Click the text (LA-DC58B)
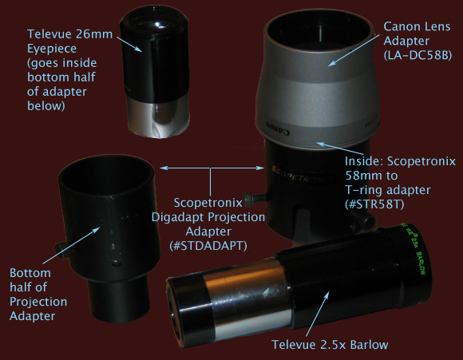[x=417, y=55]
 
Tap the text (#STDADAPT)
[x=208, y=246]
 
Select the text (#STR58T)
[x=374, y=204]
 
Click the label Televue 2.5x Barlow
[x=330, y=345]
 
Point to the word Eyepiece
[x=52, y=49]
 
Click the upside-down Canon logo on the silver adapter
[x=278, y=128]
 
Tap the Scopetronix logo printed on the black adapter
[x=303, y=176]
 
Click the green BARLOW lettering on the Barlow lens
[x=421, y=263]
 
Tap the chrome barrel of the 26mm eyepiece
[x=158, y=118]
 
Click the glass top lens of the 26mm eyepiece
[x=155, y=24]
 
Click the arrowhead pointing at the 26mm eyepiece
[x=139, y=49]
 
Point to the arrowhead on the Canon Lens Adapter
[x=332, y=63]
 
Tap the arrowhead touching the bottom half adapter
[x=96, y=231]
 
